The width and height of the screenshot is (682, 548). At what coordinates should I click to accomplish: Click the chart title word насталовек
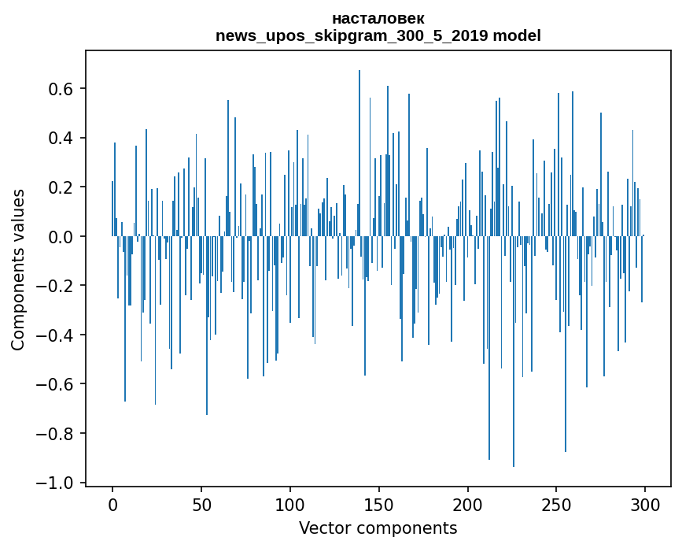click(x=378, y=18)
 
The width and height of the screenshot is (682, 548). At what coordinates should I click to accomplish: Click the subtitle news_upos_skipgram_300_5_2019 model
click(x=378, y=35)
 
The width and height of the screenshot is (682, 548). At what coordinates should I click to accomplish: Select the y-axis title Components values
click(x=18, y=269)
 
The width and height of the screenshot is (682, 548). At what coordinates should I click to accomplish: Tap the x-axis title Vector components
click(x=378, y=528)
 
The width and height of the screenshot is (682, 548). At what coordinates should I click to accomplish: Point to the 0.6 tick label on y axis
click(x=60, y=89)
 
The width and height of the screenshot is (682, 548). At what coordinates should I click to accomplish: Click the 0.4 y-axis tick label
click(x=60, y=139)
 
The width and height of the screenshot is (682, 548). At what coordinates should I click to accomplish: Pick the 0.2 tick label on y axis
click(x=60, y=187)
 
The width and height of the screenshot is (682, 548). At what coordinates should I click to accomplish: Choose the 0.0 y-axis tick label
click(x=60, y=237)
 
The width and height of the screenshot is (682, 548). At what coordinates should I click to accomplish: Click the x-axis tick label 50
click(x=201, y=504)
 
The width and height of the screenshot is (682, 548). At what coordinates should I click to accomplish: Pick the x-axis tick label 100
click(x=290, y=504)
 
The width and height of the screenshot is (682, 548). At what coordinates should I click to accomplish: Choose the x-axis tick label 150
click(x=379, y=504)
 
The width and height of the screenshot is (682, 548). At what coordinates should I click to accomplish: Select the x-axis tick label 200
click(x=468, y=504)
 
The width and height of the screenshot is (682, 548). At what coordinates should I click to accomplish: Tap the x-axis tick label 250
click(x=556, y=504)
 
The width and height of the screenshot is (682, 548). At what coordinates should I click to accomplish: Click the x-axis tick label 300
click(x=645, y=504)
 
